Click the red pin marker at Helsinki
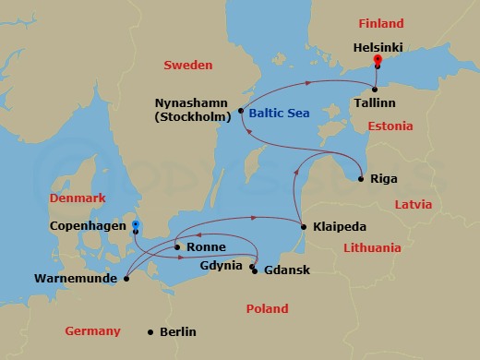coord(377,62)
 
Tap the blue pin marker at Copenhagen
coord(135,224)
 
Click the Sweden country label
coord(187,66)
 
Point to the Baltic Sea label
coord(279,114)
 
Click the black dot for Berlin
coord(150,332)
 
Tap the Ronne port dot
coord(176,247)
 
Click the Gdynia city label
coord(222,266)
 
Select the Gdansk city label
coord(286,270)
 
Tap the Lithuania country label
coord(372,247)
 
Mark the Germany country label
coord(93,330)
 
